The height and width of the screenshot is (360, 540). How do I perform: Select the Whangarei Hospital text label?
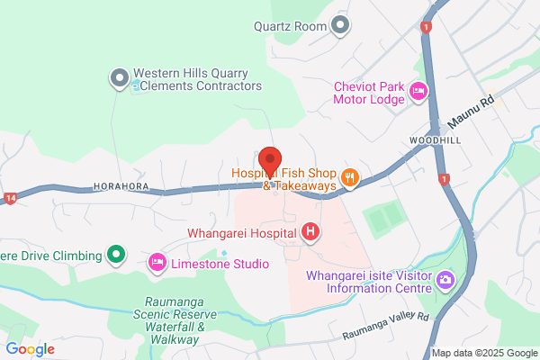click(x=242, y=233)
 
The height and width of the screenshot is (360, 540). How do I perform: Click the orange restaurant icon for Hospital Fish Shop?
click(x=350, y=179)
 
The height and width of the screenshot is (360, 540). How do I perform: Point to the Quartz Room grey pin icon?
click(x=340, y=25)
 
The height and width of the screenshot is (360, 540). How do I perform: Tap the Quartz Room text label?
click(x=289, y=26)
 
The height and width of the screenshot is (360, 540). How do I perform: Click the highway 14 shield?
click(x=10, y=199)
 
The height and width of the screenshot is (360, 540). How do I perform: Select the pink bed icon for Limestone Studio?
click(x=157, y=263)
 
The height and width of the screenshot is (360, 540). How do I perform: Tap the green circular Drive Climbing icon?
click(x=115, y=256)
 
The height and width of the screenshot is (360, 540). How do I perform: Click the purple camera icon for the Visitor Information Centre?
click(x=445, y=282)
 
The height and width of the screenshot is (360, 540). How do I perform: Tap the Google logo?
click(x=31, y=348)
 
